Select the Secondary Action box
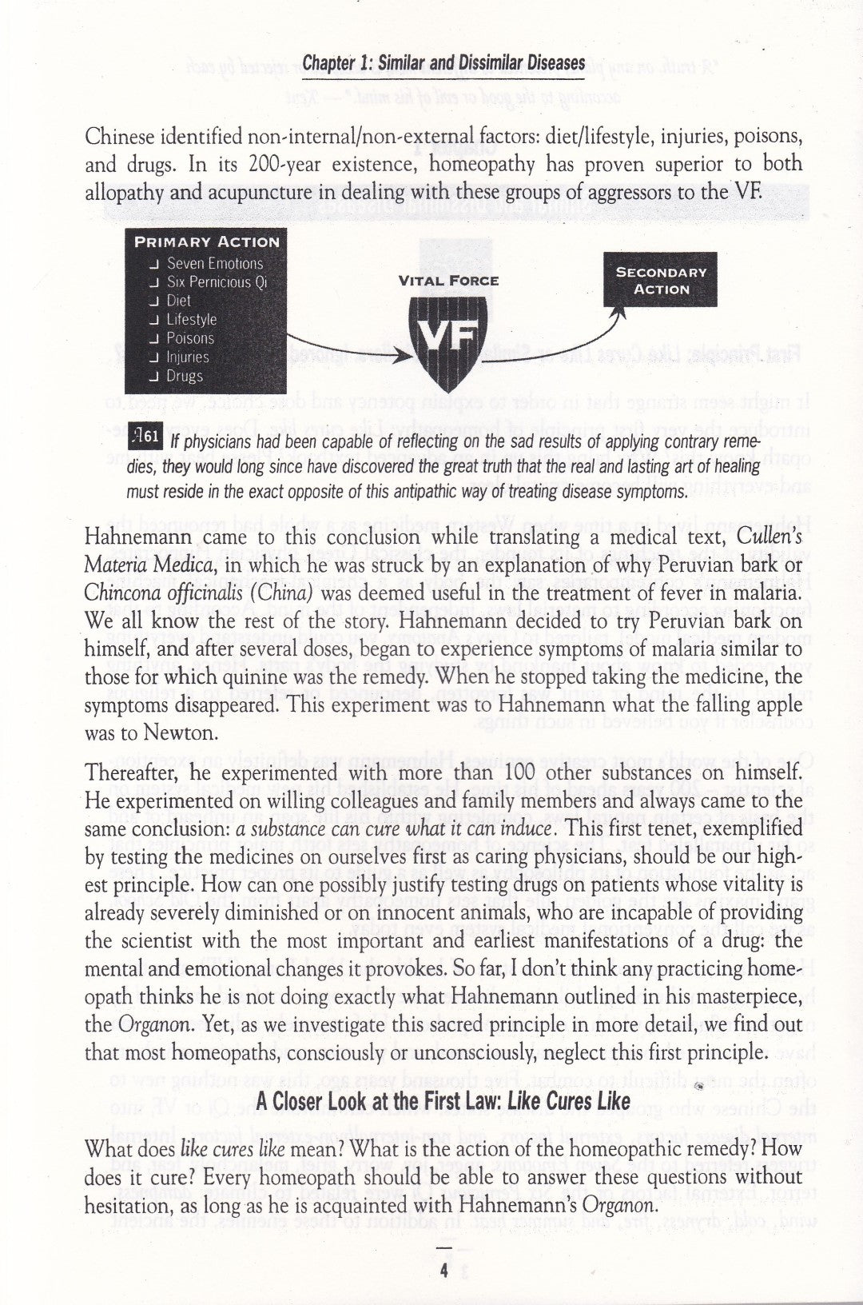tap(661, 281)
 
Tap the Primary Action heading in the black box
tap(207, 241)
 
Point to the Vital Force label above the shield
tap(448, 281)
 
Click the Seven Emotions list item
tap(214, 263)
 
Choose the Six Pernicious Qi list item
tap(216, 281)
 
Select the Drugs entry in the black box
tap(185, 376)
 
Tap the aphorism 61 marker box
tap(146, 435)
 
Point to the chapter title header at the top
tap(443, 63)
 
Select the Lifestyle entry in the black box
tap(192, 319)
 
